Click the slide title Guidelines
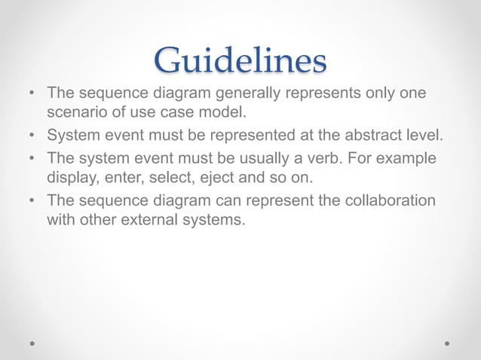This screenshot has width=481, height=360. pos(240,60)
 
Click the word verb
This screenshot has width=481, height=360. pos(325,160)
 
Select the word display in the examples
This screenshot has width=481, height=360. pos(70,179)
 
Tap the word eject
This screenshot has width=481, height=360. pos(207,179)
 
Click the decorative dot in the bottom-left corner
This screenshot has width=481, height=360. pos(32,343)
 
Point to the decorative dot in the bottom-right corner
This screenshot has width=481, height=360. pos(447,343)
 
